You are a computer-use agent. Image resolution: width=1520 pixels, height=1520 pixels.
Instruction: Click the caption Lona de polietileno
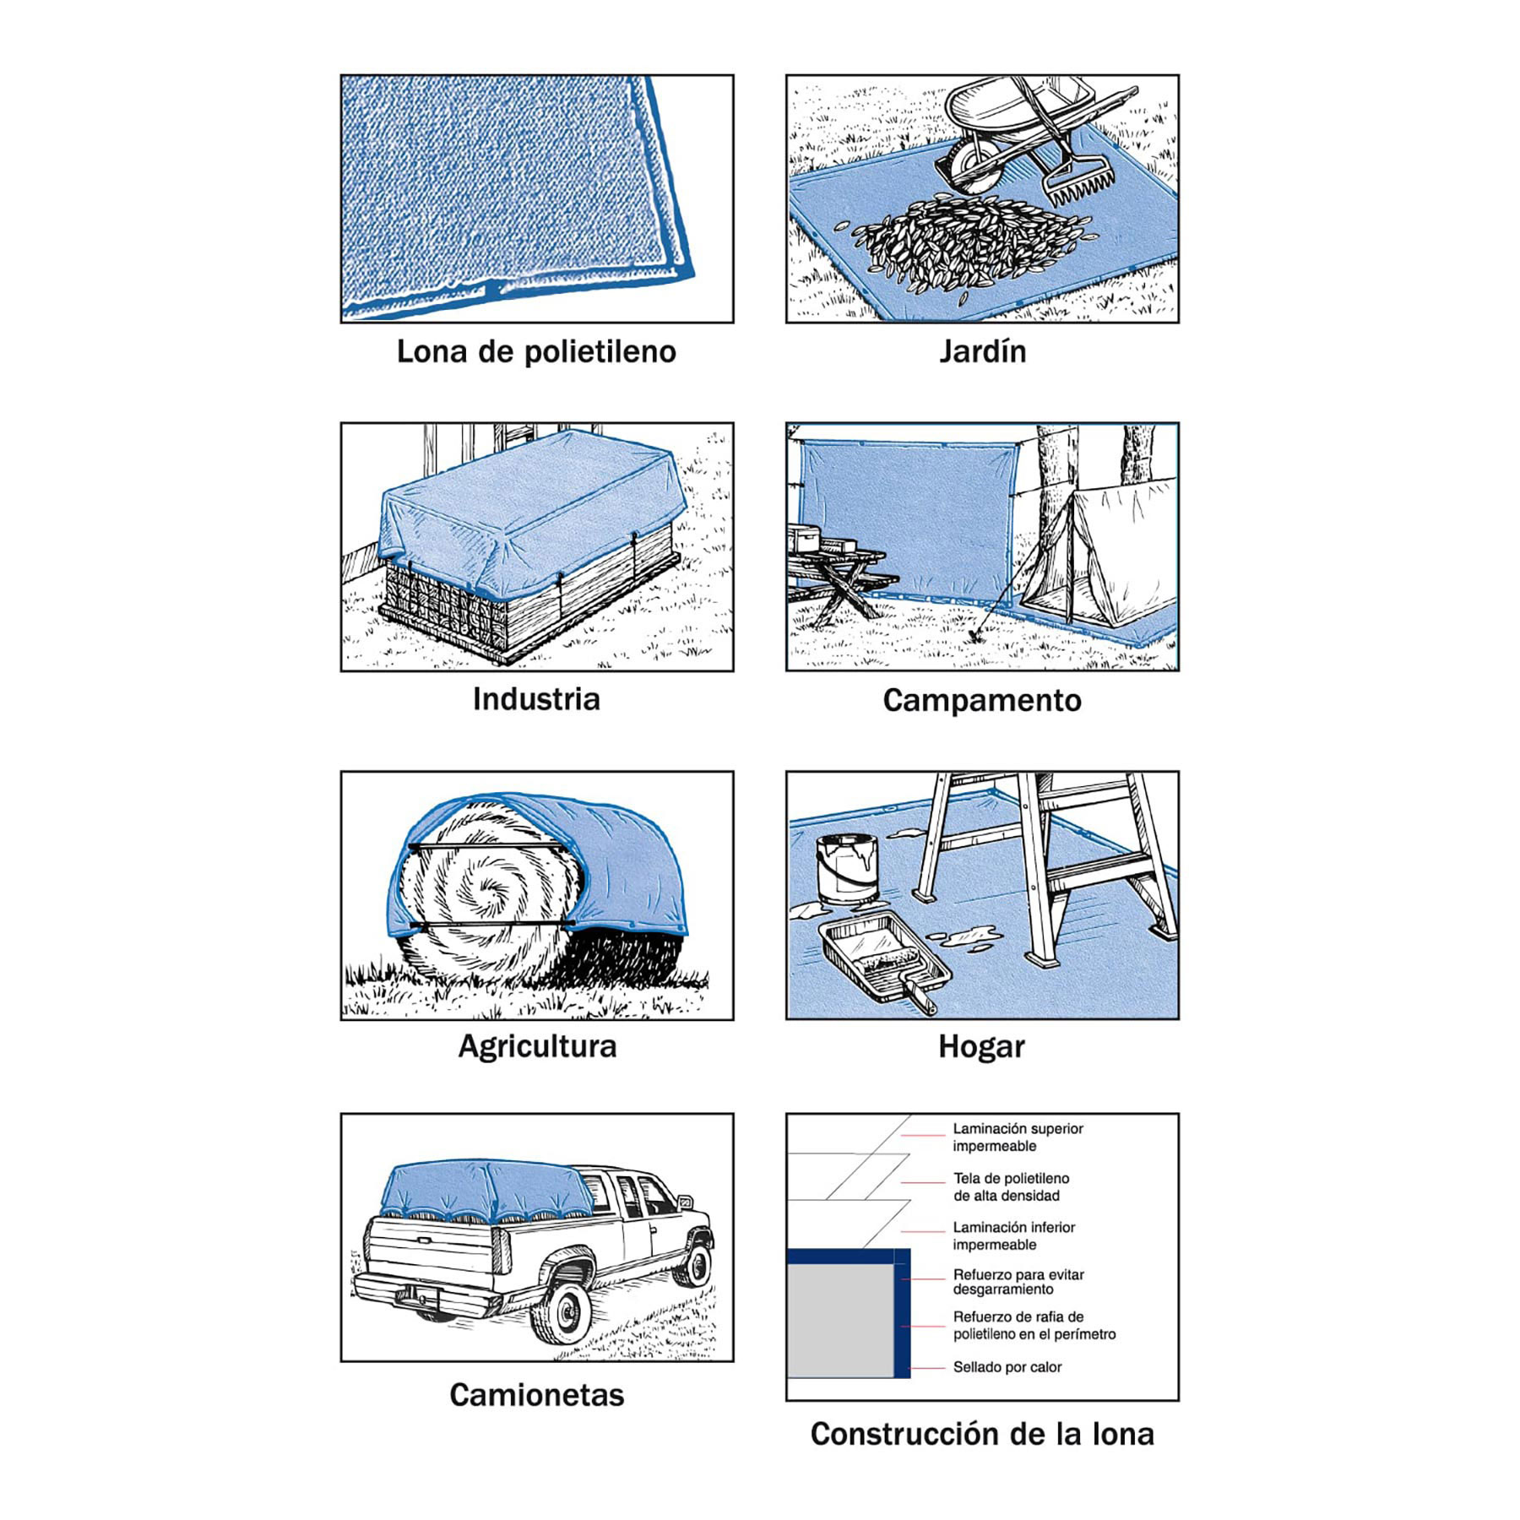[x=536, y=351]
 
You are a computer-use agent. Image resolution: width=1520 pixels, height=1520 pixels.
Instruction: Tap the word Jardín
[x=982, y=351]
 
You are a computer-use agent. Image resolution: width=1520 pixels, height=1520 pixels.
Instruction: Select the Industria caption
[x=536, y=699]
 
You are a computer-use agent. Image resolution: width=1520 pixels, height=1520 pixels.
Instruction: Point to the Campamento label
[x=982, y=700]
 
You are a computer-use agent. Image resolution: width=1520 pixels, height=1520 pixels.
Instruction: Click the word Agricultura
[x=537, y=1046]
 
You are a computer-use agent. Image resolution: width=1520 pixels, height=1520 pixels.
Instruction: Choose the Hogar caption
[x=981, y=1046]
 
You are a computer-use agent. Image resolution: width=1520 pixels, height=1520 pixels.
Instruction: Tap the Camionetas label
[x=536, y=1394]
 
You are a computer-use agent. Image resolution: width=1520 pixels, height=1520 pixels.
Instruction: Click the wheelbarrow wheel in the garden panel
[x=971, y=164]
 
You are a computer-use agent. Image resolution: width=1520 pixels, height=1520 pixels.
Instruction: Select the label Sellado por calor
[x=1007, y=1367]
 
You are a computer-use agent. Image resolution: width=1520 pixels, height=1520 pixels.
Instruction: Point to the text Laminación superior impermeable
[x=1017, y=1137]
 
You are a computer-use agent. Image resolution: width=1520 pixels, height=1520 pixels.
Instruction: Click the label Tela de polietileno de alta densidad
[x=1011, y=1186]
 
